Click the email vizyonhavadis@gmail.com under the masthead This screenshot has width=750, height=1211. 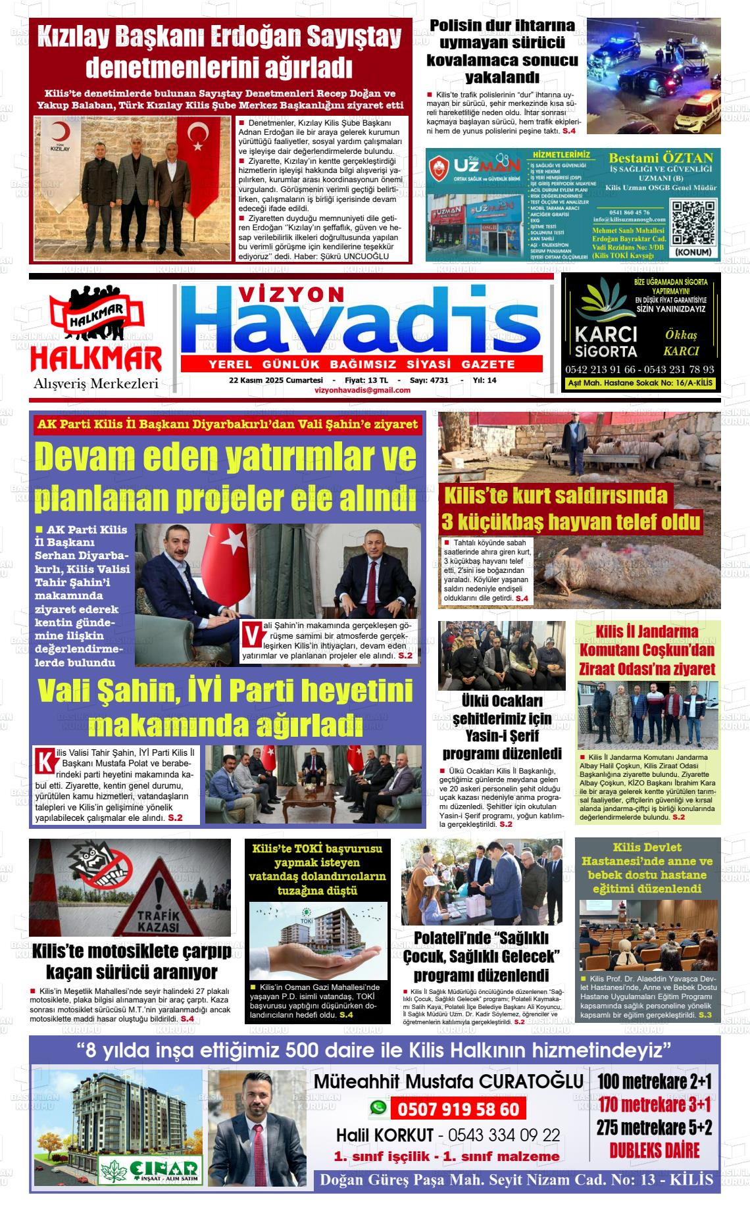pyautogui.click(x=362, y=390)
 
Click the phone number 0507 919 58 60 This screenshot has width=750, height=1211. pyautogui.click(x=458, y=1110)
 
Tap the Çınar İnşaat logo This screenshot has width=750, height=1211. pyautogui.click(x=150, y=1169)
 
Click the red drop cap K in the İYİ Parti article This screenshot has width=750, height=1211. pyautogui.click(x=44, y=758)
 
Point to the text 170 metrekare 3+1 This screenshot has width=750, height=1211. pyautogui.click(x=655, y=1104)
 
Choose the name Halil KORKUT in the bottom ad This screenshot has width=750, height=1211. pyautogui.click(x=385, y=1135)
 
